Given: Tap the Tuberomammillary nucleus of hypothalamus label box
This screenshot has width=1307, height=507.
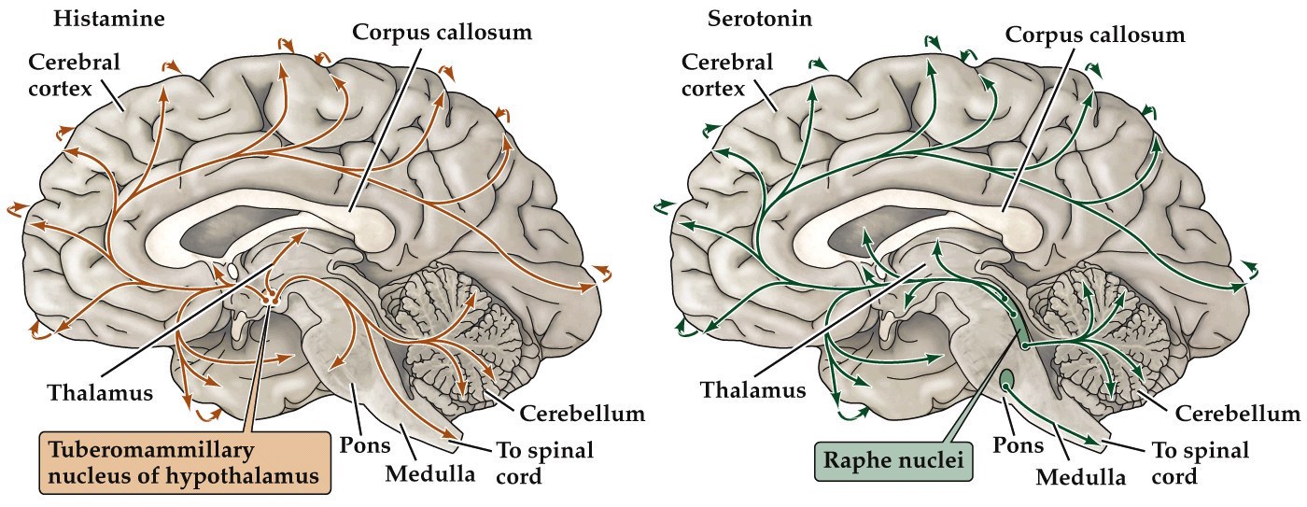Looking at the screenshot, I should [185, 461].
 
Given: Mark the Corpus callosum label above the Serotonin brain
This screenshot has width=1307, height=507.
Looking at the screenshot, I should [1094, 35].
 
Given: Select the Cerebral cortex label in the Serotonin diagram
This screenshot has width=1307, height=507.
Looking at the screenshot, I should [727, 76].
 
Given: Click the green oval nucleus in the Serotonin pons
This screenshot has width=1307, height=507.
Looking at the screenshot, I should [1007, 379].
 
